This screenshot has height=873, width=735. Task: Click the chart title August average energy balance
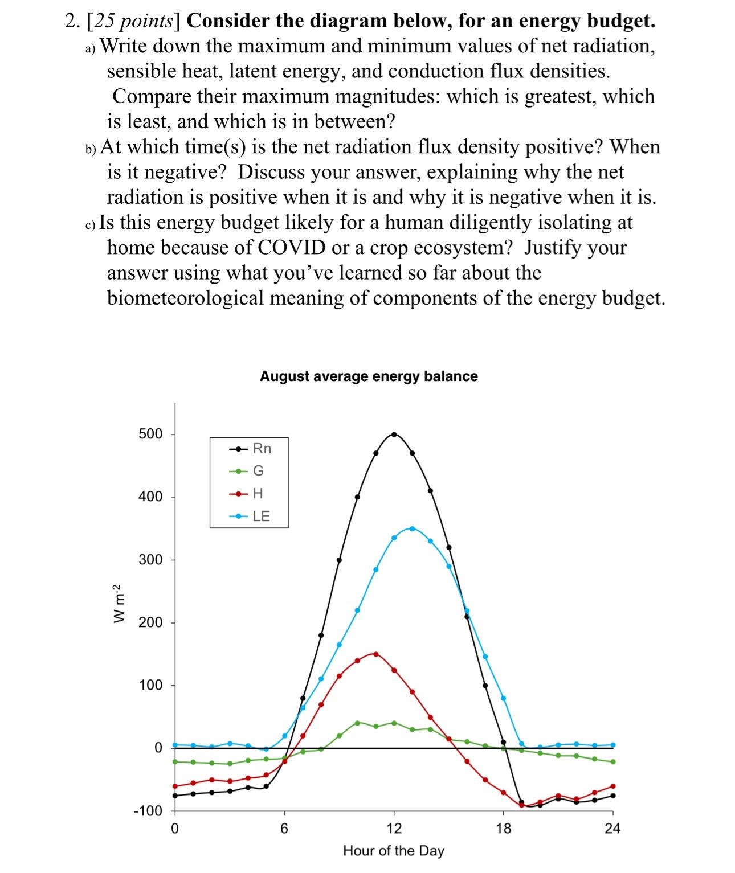(x=369, y=376)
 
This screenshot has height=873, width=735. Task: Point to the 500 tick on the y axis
(x=150, y=434)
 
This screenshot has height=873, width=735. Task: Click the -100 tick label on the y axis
(x=148, y=811)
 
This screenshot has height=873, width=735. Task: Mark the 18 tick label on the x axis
(x=503, y=829)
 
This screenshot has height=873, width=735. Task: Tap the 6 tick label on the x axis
(x=284, y=829)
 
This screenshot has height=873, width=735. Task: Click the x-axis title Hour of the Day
(x=394, y=851)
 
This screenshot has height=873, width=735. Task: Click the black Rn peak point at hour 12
(x=394, y=435)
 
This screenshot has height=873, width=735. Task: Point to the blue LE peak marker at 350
(x=412, y=528)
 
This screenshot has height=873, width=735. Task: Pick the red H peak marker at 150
(x=375, y=654)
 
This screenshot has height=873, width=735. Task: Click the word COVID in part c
(x=292, y=248)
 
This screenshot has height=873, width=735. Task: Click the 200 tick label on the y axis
(x=150, y=622)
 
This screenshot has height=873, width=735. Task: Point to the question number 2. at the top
(x=72, y=21)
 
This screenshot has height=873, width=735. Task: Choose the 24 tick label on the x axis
(x=612, y=829)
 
